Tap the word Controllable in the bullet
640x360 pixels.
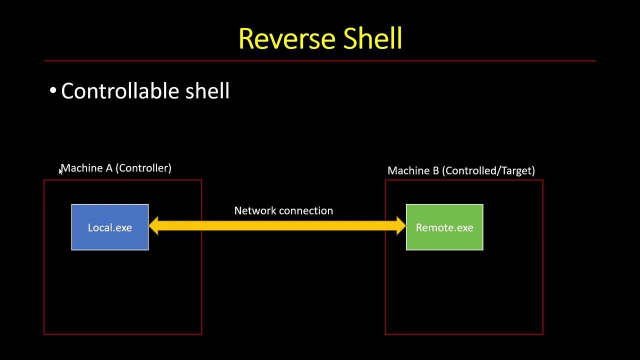click(119, 91)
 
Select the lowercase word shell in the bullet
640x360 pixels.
click(207, 91)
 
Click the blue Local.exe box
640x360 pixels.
click(110, 227)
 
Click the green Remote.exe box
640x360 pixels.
click(444, 227)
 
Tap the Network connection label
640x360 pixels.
click(283, 211)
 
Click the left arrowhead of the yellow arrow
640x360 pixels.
click(154, 226)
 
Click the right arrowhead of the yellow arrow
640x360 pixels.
click(400, 226)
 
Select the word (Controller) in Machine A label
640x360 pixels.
click(143, 168)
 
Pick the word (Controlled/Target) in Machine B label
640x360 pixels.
click(488, 171)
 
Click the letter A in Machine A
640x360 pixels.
click(109, 168)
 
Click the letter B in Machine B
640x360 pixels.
click(435, 171)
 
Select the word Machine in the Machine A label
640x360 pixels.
click(82, 168)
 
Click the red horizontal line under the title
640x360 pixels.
click(320, 61)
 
